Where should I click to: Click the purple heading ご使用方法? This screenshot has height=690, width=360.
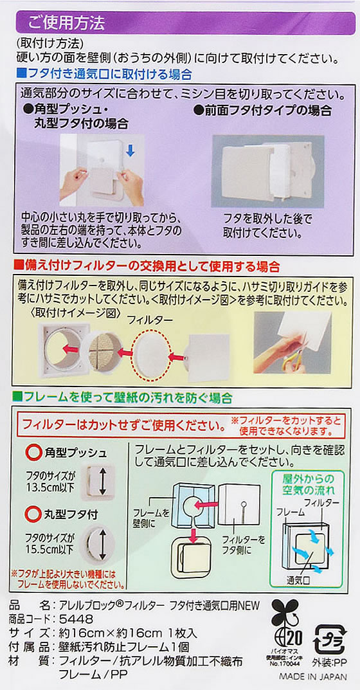pyautogui.click(x=66, y=23)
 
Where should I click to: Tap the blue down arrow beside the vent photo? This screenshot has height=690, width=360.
pyautogui.click(x=129, y=151)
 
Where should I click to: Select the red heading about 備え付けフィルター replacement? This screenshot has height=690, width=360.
pyautogui.click(x=147, y=266)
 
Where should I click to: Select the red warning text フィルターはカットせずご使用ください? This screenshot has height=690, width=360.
pyautogui.click(x=120, y=426)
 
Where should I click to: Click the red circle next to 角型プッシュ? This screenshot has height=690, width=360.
pyautogui.click(x=34, y=452)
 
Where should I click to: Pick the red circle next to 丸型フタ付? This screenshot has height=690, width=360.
pyautogui.click(x=34, y=513)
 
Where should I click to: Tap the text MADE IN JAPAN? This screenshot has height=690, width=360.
pyautogui.click(x=312, y=676)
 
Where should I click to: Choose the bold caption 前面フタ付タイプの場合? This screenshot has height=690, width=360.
pyautogui.click(x=262, y=110)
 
